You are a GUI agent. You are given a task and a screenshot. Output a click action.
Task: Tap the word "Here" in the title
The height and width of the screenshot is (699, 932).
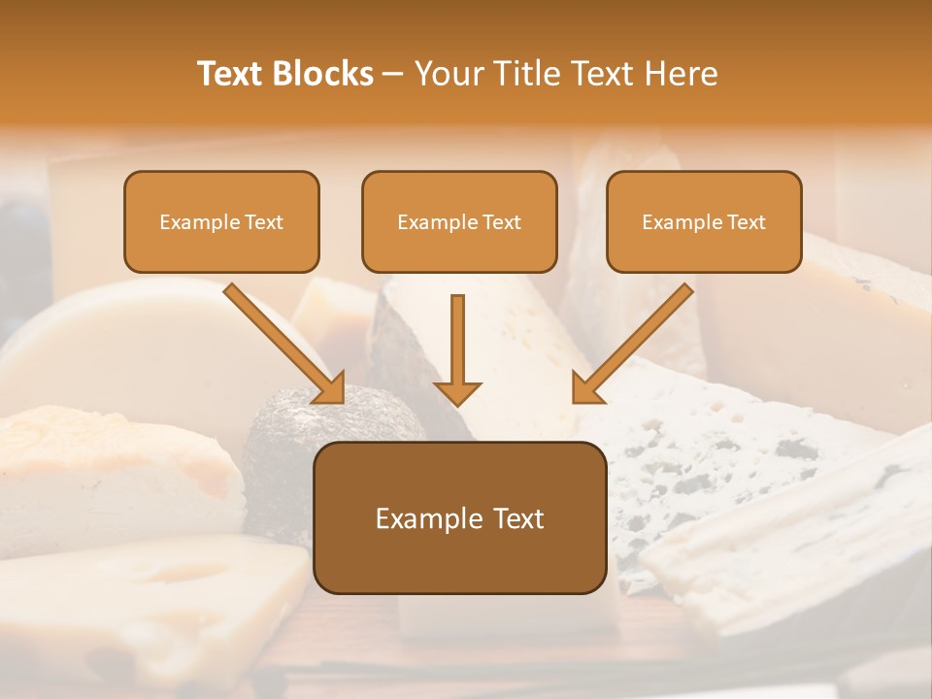(680, 74)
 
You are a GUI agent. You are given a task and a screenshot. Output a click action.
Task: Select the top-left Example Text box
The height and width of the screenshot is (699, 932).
(221, 221)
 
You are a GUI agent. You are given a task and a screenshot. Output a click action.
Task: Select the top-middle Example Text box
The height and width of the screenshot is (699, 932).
(459, 221)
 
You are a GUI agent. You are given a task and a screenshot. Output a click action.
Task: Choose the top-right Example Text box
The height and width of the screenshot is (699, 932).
(704, 221)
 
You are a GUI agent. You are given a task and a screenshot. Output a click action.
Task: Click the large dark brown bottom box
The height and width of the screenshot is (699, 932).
(459, 517)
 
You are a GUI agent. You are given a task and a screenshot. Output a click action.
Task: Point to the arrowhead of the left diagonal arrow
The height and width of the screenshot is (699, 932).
(330, 388)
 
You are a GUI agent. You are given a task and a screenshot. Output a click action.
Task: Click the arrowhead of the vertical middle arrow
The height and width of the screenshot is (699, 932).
(457, 392)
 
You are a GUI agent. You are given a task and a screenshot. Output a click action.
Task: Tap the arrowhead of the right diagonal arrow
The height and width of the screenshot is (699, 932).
(586, 388)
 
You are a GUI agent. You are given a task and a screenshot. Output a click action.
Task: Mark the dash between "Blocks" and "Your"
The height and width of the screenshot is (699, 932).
(393, 74)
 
